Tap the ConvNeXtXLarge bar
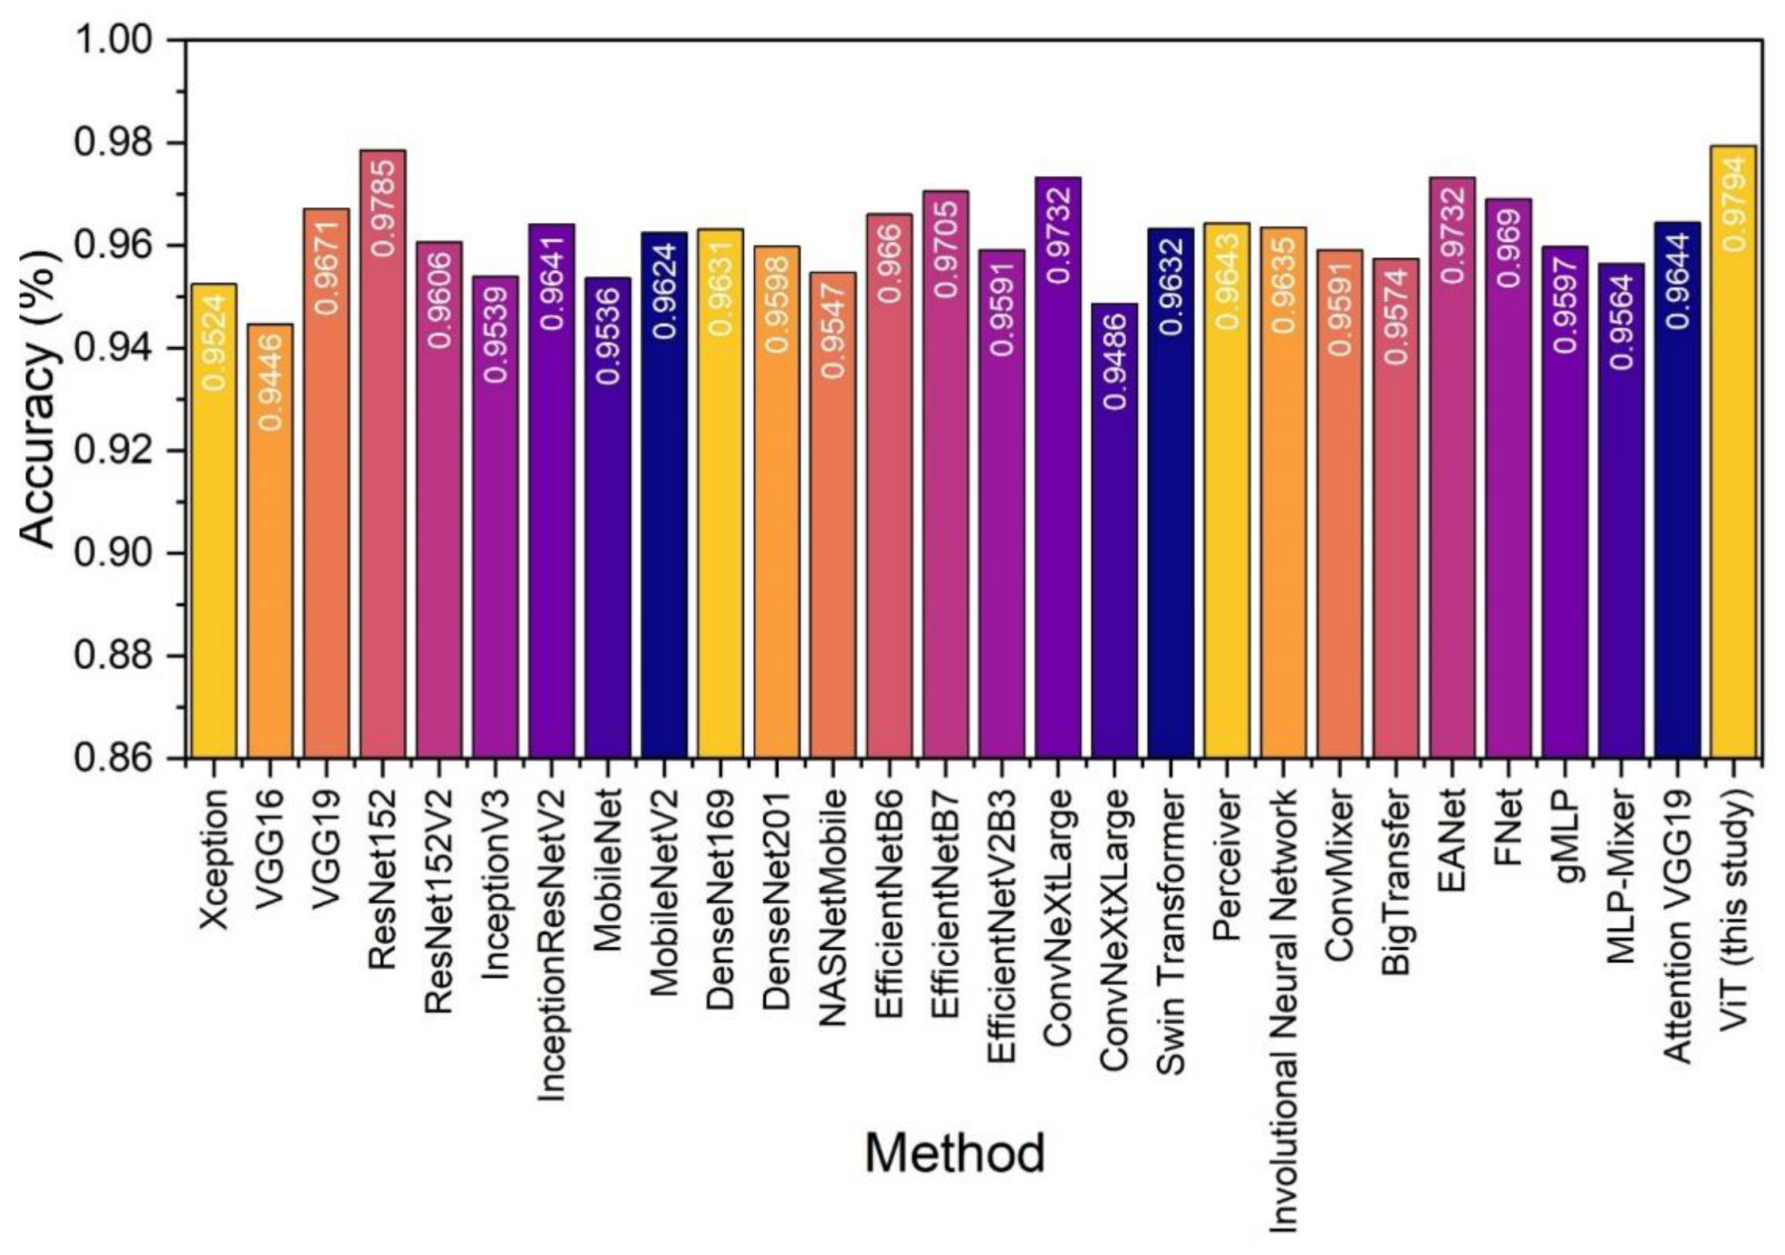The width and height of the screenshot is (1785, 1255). click(x=1114, y=544)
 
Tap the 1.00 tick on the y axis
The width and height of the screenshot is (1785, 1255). click(x=115, y=39)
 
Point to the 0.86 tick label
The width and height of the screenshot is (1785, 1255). click(x=115, y=758)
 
